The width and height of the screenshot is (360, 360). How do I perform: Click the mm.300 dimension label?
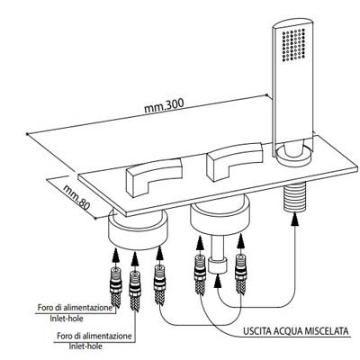pyautogui.click(x=164, y=105)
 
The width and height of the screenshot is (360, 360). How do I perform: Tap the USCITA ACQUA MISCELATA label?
pyautogui.click(x=296, y=331)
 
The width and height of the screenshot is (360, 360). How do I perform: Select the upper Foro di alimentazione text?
pyautogui.click(x=75, y=308)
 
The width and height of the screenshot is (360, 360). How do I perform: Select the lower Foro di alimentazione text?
pyautogui.click(x=94, y=336)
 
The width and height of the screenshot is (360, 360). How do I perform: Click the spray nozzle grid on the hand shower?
pyautogui.click(x=294, y=45)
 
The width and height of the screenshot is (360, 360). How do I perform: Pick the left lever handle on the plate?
pyautogui.click(x=155, y=176)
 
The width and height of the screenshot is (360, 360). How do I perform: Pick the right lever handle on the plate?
pyautogui.click(x=235, y=161)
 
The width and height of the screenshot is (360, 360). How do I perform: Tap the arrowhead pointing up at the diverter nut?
pyautogui.click(x=219, y=282)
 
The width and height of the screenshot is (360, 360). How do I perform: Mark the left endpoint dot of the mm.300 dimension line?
pyautogui.click(x=27, y=134)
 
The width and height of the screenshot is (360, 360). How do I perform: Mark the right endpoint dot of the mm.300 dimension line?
pyautogui.click(x=267, y=94)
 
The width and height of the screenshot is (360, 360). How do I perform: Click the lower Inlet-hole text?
pyautogui.click(x=85, y=346)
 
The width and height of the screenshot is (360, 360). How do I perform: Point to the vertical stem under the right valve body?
pyautogui.click(x=219, y=247)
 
